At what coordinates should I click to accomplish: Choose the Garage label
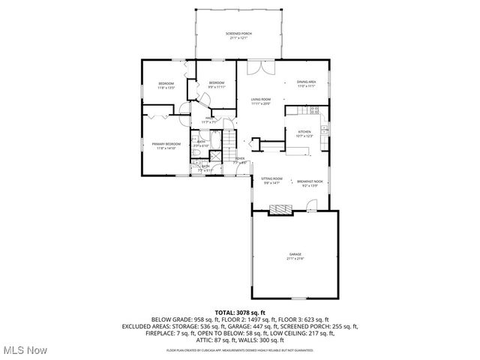pos(295,254)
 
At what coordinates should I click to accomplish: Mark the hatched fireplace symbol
pos(280,208)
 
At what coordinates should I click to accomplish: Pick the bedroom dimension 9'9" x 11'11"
pos(217,86)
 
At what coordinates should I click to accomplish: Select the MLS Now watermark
pos(24,350)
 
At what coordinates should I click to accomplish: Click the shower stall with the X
pos(215,157)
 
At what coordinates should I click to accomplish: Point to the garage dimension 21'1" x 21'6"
pos(295,259)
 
